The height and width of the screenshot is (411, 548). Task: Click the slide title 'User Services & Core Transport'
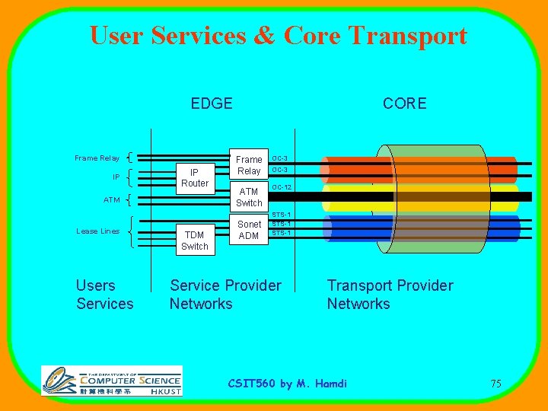(x=278, y=36)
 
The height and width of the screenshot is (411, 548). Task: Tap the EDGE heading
(x=212, y=104)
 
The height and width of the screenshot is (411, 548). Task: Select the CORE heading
(x=404, y=104)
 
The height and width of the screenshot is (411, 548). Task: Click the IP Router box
(x=195, y=177)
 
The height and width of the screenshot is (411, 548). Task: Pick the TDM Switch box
(x=195, y=241)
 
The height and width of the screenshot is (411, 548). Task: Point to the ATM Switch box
(x=249, y=197)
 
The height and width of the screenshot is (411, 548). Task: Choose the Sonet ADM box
(x=249, y=230)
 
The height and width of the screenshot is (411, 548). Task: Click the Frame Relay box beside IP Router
(x=249, y=165)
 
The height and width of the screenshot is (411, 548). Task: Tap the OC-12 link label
(x=282, y=187)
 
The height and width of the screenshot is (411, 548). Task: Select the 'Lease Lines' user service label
(x=98, y=231)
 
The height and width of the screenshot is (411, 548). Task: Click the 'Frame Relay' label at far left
(x=97, y=158)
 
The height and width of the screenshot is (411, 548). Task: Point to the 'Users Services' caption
(x=104, y=295)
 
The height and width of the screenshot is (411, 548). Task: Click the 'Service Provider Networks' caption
(x=225, y=295)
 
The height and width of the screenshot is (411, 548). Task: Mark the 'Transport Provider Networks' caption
(x=390, y=295)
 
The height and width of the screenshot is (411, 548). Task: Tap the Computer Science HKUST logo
(x=112, y=381)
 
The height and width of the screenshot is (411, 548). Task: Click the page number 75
(x=495, y=384)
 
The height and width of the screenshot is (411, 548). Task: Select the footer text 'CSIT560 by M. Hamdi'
(x=288, y=384)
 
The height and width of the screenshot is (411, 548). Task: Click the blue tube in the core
(x=426, y=228)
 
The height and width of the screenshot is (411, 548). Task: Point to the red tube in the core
(x=426, y=169)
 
